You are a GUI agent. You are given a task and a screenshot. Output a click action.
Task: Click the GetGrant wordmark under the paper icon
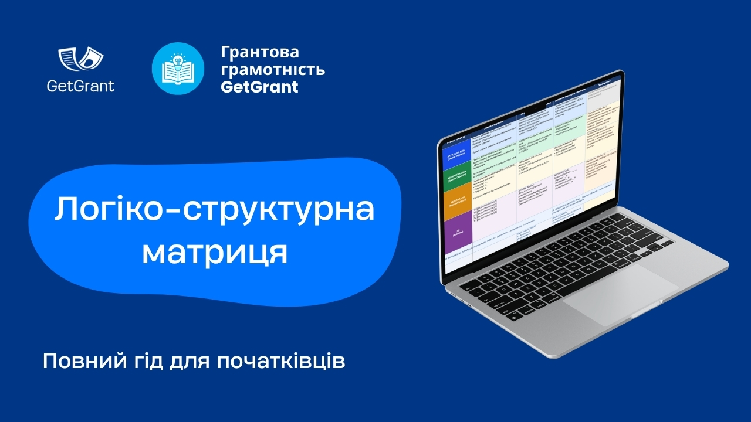point(80,86)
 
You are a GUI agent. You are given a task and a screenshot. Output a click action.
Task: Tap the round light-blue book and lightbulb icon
point(178,69)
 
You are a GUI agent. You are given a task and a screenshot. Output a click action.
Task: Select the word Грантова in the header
point(260,52)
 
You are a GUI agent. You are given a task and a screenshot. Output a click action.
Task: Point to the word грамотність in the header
point(273,70)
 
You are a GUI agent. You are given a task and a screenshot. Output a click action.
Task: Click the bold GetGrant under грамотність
point(259,87)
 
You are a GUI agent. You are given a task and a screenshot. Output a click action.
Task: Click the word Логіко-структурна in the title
point(214,210)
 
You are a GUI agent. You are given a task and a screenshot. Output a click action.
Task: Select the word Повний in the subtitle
point(79,361)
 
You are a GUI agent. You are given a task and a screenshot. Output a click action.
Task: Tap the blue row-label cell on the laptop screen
point(455,155)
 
